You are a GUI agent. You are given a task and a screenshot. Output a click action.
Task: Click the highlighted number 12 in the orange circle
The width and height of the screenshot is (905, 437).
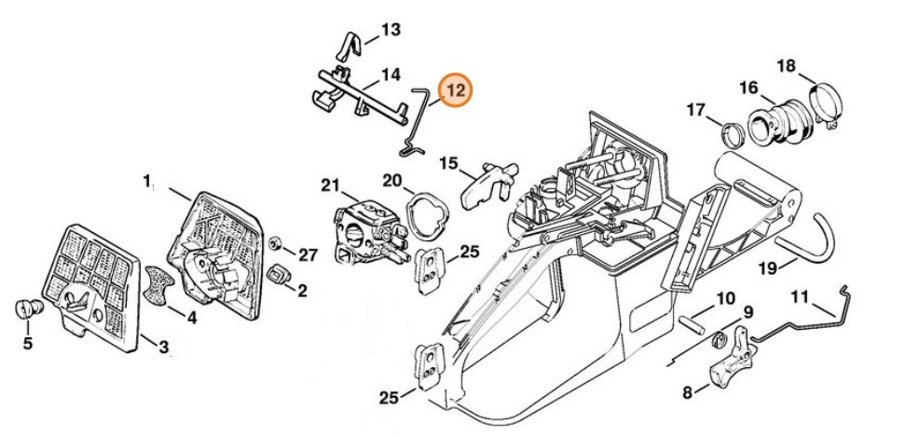pos(457,91)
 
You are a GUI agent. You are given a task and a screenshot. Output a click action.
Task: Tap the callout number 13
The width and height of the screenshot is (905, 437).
pos(391,30)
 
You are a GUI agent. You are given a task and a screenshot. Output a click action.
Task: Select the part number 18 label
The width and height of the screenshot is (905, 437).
pos(787,65)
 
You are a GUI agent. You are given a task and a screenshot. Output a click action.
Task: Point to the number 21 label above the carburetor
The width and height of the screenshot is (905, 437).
pos(331,184)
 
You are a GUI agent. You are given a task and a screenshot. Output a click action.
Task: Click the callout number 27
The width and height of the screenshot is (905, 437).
pos(309,254)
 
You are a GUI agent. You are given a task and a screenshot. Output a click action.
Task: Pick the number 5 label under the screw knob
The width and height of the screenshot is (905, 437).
pos(27,343)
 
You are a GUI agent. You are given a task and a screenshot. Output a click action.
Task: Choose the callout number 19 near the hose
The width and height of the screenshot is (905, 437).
pos(767,269)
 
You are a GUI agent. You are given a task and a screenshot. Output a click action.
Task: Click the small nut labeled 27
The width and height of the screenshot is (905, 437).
pos(276,244)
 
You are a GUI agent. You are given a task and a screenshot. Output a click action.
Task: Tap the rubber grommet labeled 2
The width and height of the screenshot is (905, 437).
pos(278,276)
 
